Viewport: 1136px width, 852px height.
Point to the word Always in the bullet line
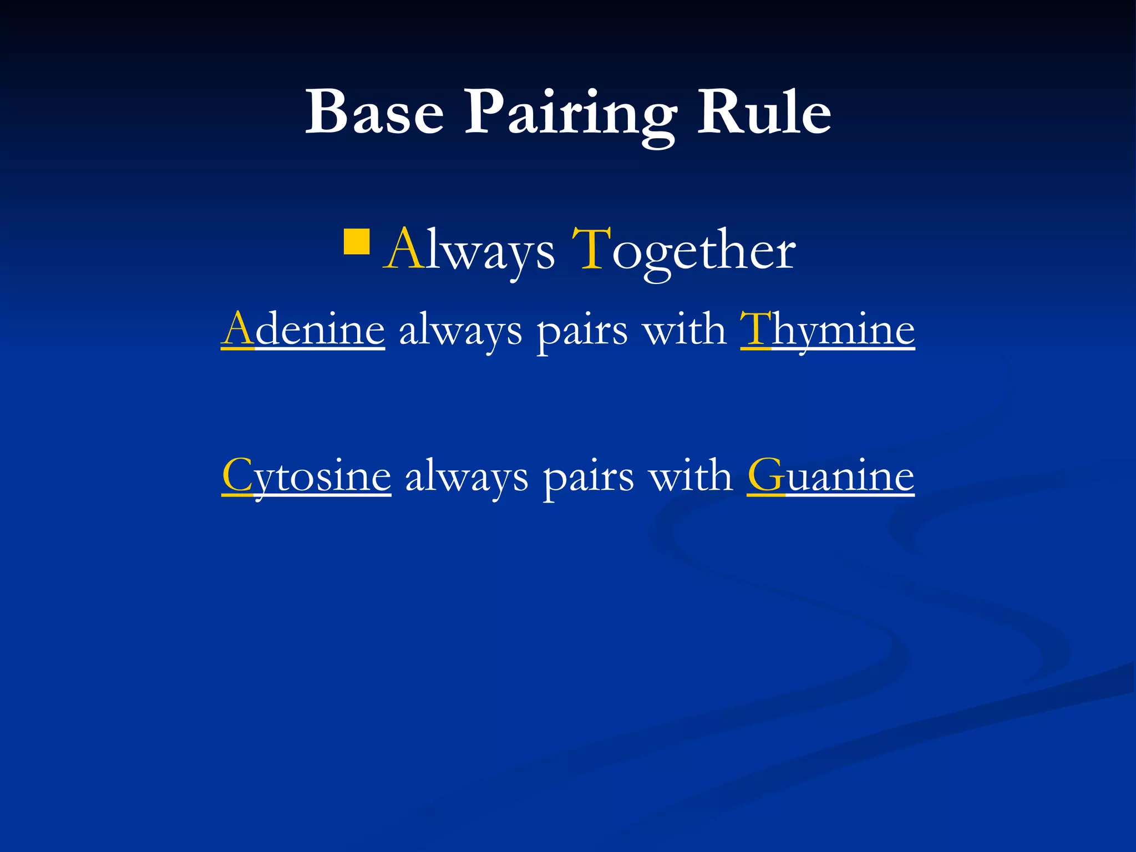(x=469, y=251)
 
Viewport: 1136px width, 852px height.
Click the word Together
(x=684, y=251)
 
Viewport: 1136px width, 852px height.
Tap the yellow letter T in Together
(x=591, y=249)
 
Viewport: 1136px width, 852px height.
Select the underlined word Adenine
(x=303, y=330)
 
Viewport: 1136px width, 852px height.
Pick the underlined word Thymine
(x=827, y=330)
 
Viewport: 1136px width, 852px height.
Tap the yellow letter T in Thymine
(x=755, y=329)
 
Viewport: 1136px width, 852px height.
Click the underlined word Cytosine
(x=306, y=476)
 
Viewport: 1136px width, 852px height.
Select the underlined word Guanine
(x=830, y=476)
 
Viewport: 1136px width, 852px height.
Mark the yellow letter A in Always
(x=404, y=249)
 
